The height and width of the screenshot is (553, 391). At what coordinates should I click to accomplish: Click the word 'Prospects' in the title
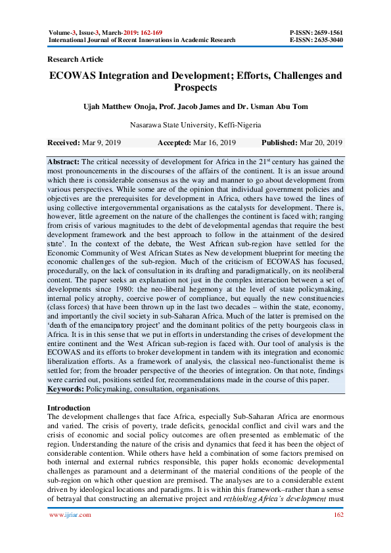pyautogui.click(x=195, y=87)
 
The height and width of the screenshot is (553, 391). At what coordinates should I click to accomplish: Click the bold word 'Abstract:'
pyautogui.click(x=64, y=162)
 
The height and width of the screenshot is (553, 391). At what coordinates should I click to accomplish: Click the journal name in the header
pyautogui.click(x=142, y=39)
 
